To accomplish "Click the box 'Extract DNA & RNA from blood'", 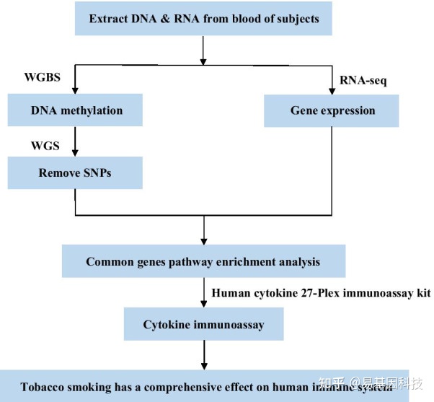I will pos(204,19).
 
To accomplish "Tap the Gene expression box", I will pos(332,111).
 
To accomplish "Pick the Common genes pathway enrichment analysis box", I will pos(204,261).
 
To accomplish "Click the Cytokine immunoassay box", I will pos(204,325).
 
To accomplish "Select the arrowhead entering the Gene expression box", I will pos(332,90).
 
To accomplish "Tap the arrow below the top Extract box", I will pos(204,50).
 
